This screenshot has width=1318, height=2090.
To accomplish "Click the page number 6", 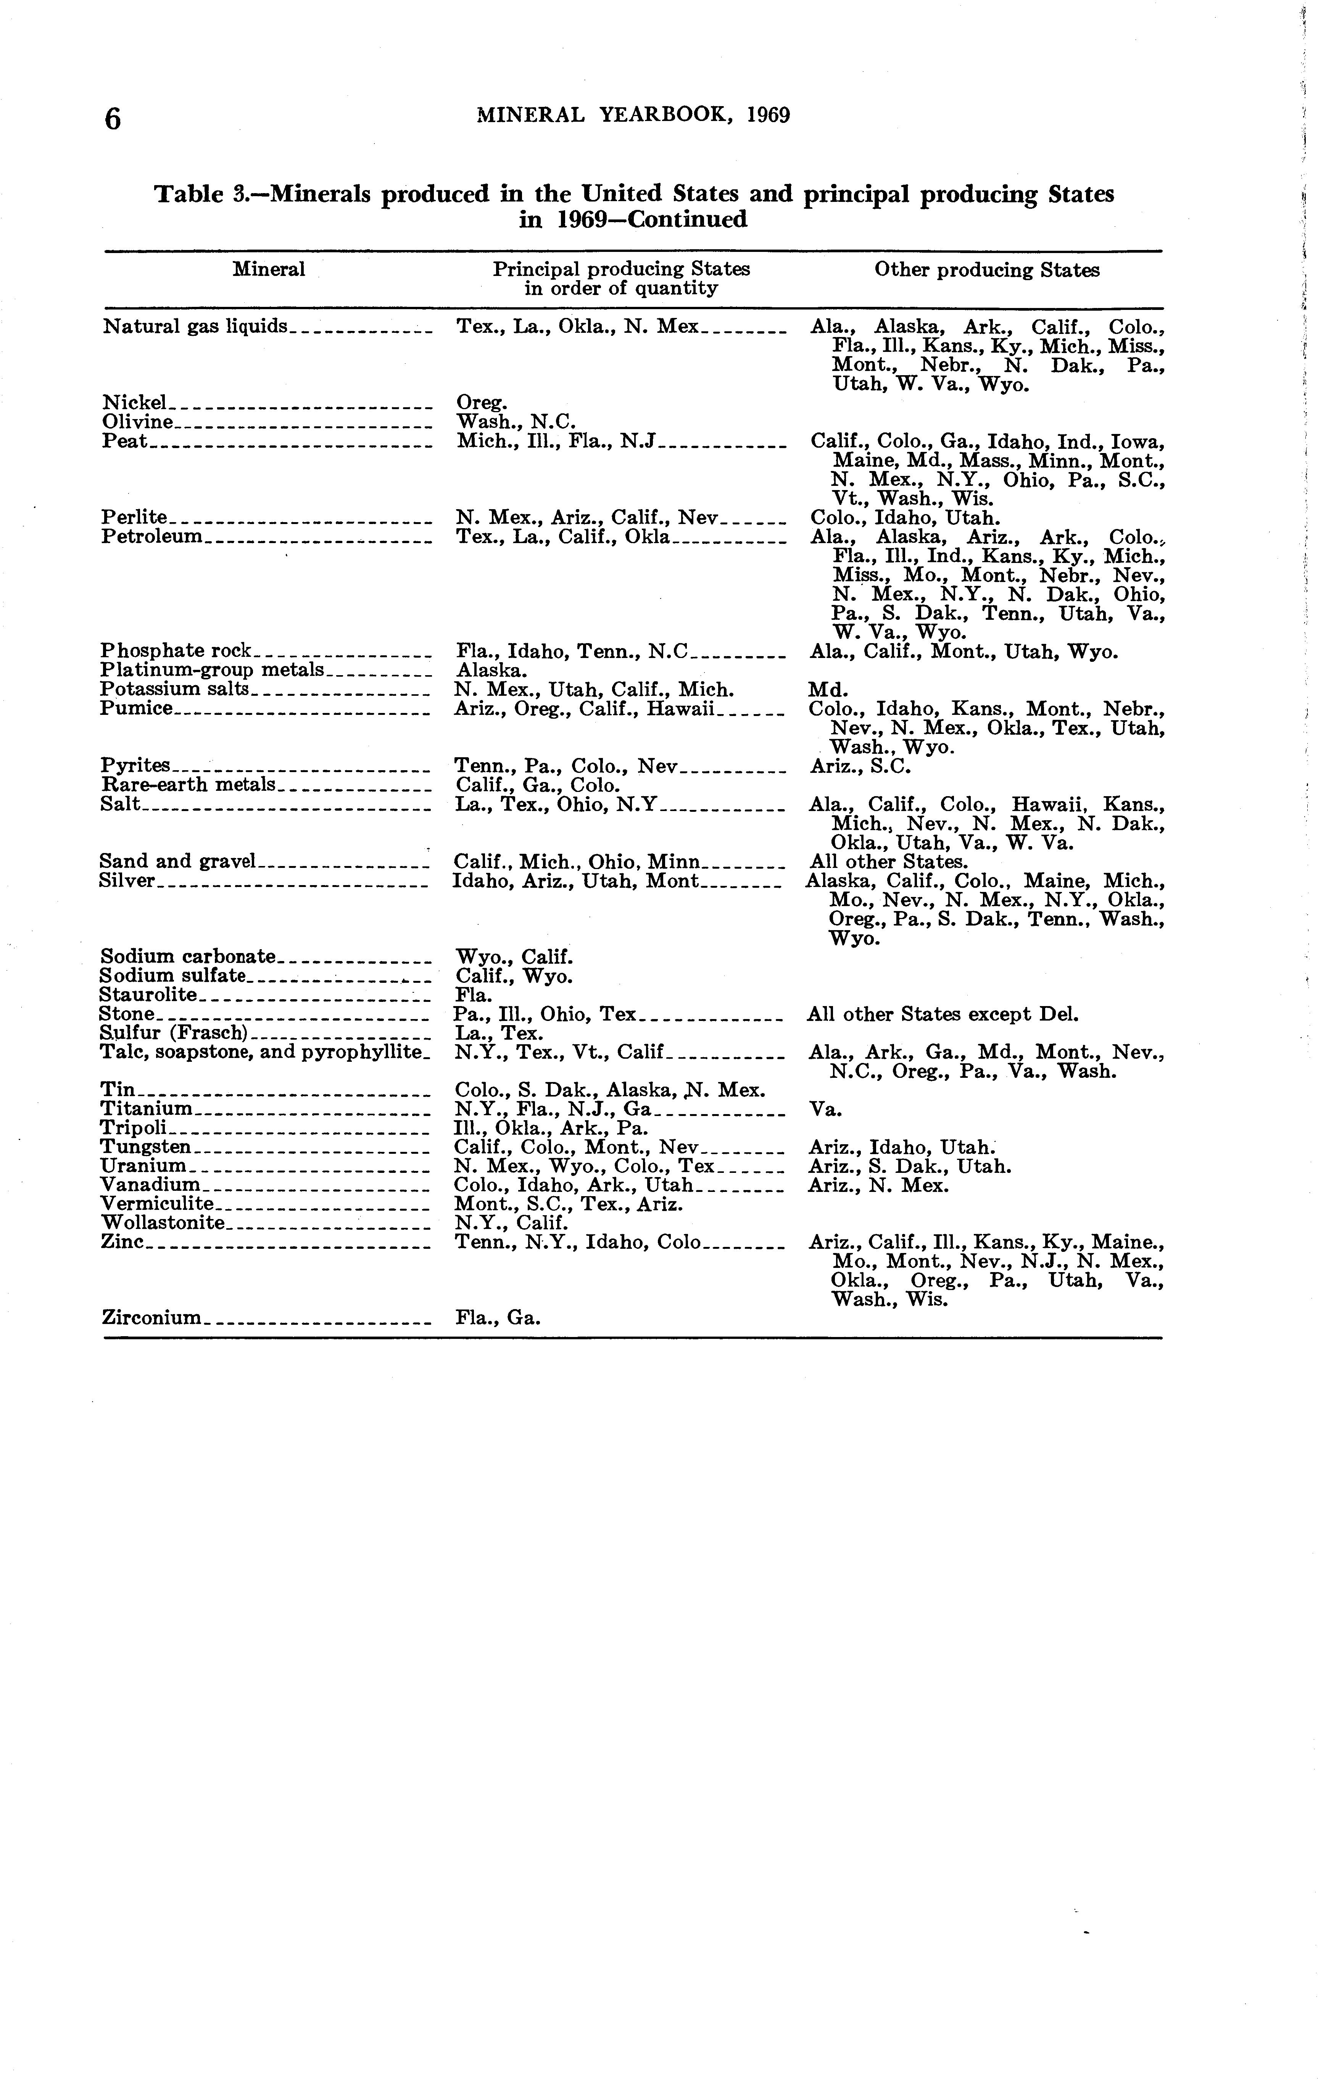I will tap(113, 118).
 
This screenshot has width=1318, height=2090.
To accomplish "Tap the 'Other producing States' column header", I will tap(986, 270).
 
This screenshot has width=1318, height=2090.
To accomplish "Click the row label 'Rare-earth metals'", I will tap(187, 785).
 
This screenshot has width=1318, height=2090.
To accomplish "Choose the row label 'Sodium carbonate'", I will tap(187, 956).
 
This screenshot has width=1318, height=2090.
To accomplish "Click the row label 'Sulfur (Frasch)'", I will tap(174, 1033).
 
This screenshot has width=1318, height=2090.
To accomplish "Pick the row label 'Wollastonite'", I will tap(162, 1223).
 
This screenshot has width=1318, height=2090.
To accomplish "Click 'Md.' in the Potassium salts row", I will tap(827, 690).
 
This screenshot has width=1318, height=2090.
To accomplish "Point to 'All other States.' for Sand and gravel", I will tap(886, 862).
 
